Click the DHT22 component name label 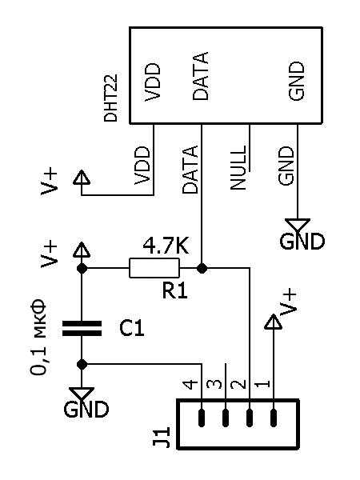click(110, 98)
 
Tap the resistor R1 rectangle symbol click(154, 268)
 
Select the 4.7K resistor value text click(166, 246)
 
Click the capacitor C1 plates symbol click(82, 329)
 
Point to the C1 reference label click(132, 329)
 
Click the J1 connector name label click(162, 437)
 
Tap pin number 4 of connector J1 click(190, 384)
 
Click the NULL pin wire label click(238, 167)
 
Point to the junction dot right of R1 click(202, 269)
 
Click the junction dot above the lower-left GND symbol click(82, 364)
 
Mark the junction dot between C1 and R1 click(82, 269)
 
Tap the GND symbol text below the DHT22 click(302, 241)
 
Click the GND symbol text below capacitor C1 click(86, 410)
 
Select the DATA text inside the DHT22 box click(201, 76)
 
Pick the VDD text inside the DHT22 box click(152, 82)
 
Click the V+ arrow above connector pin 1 click(273, 322)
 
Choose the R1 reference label click(174, 291)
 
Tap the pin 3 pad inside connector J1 click(226, 418)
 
